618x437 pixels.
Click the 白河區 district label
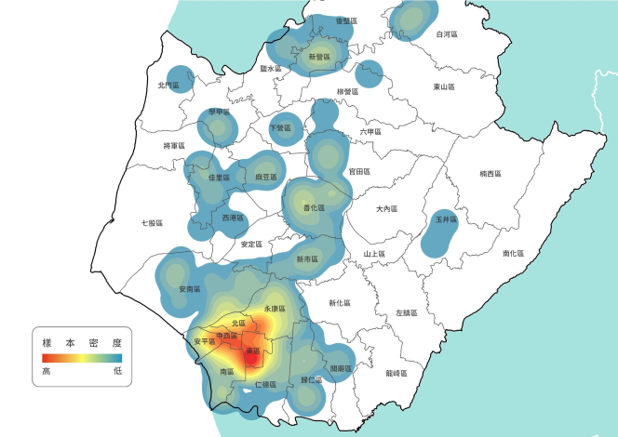coord(448,34)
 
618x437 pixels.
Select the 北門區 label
coord(168,85)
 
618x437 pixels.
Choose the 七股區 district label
coord(152,223)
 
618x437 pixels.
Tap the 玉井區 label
coord(446,220)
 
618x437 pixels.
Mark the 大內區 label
coord(387,209)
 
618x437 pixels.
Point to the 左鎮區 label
coord(407,313)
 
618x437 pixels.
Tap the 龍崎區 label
coord(396,373)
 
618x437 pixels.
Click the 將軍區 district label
coord(175,146)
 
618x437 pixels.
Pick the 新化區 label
coord(340,302)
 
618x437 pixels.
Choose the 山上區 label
coord(374,254)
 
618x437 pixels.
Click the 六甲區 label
coord(370,132)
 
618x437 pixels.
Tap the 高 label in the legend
coord(46,371)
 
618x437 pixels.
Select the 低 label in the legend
coord(118,371)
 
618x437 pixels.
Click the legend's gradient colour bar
coord(82,357)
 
